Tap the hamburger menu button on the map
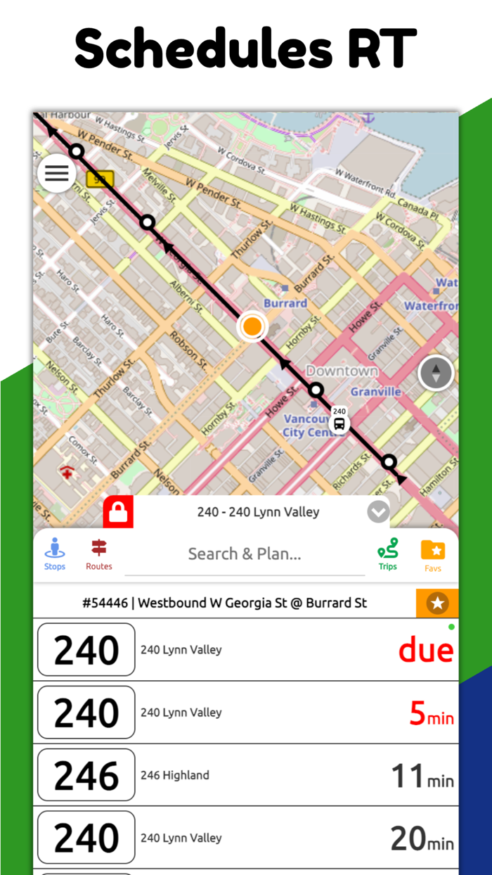pyautogui.click(x=57, y=173)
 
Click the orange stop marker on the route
pyautogui.click(x=252, y=326)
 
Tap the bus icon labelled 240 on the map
pyautogui.click(x=339, y=422)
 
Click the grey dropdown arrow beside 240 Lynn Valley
pyautogui.click(x=378, y=512)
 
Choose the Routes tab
pyautogui.click(x=99, y=554)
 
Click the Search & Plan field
pyautogui.click(x=245, y=554)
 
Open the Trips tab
pyautogui.click(x=387, y=554)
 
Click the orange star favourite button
pyautogui.click(x=437, y=603)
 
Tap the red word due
pyautogui.click(x=426, y=650)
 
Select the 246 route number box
pyautogui.click(x=86, y=775)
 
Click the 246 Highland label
pyautogui.click(x=175, y=775)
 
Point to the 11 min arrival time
pyautogui.click(x=422, y=777)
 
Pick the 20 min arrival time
pyautogui.click(x=422, y=838)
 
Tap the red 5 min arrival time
pyautogui.click(x=431, y=714)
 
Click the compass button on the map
pyautogui.click(x=436, y=373)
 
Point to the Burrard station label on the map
pyautogui.click(x=285, y=303)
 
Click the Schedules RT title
pyautogui.click(x=246, y=48)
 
